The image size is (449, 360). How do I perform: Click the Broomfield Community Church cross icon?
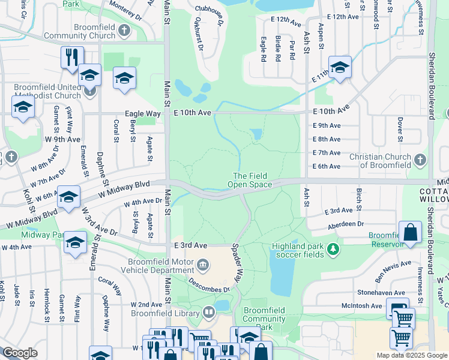click(124, 31)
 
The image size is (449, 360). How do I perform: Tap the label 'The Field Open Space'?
click(252, 180)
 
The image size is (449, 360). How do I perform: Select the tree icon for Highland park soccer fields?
click(331, 248)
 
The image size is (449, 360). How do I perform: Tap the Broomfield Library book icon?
click(208, 311)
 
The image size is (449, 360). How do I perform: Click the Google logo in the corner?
click(20, 353)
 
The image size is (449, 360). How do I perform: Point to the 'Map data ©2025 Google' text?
click(411, 355)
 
